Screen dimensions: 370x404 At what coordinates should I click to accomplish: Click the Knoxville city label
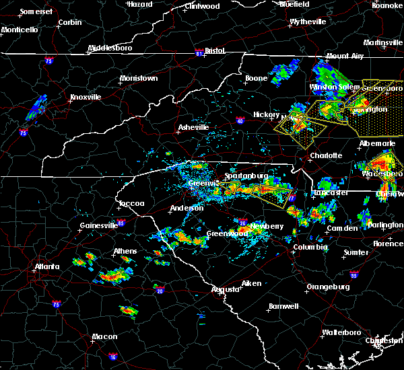[86, 97]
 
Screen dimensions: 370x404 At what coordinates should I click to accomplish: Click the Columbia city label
[310, 247]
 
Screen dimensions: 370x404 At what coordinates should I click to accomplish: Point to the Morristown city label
[139, 78]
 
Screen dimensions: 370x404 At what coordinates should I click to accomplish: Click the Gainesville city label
[98, 225]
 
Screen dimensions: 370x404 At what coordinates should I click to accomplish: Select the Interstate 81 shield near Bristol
[199, 50]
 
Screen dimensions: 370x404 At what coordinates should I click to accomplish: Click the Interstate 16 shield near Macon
[112, 356]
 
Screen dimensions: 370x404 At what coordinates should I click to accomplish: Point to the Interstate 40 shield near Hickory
[240, 121]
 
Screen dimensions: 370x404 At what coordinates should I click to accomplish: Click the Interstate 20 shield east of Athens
[160, 290]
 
